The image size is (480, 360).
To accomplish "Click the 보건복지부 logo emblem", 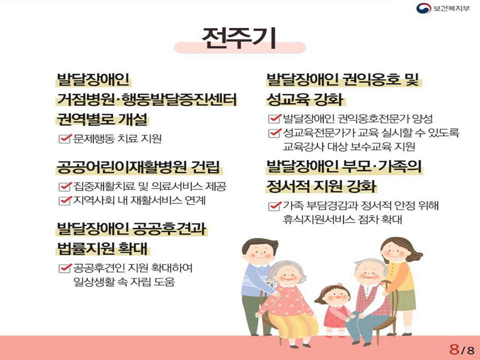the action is tap(423, 8).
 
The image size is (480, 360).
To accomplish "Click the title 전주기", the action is tap(239, 38).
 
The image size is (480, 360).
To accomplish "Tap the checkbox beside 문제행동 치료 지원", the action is tap(64, 138).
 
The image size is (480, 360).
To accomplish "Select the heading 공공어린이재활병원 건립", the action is tap(138, 167).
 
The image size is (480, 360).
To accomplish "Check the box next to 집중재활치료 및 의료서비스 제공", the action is tap(64, 186).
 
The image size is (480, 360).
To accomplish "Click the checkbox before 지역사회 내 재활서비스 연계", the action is tap(64, 200).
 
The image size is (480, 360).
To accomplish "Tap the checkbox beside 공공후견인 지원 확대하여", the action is tap(64, 268).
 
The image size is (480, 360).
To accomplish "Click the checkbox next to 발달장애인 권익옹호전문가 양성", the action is tap(274, 118).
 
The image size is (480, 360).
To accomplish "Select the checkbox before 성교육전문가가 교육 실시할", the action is tap(274, 133).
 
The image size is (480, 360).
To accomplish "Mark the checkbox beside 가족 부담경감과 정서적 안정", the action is tap(274, 205).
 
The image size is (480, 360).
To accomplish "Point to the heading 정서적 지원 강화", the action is tap(321, 186).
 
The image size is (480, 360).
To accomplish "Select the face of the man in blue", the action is tap(259, 253).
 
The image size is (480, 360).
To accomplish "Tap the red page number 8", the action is tap(454, 349).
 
